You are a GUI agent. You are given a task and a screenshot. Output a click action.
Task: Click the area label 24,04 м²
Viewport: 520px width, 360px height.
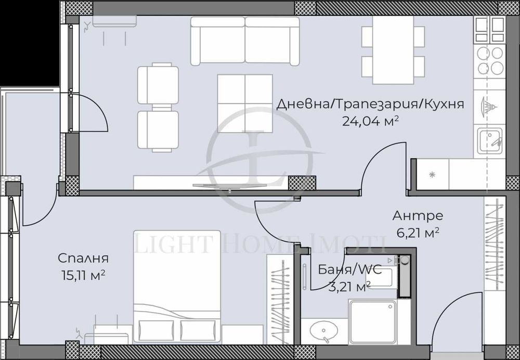370,121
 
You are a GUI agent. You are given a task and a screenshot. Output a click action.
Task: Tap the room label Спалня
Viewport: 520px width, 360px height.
83,258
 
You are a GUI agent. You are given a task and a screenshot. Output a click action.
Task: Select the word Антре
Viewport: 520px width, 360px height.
418,216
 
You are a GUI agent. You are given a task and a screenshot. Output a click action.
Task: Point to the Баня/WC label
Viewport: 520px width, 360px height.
350,269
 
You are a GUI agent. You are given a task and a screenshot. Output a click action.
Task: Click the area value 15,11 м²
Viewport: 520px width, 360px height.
83,275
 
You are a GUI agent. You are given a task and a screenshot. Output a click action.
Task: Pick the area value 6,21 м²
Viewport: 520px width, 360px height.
418,233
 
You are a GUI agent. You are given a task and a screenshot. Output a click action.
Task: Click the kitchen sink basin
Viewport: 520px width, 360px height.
490,140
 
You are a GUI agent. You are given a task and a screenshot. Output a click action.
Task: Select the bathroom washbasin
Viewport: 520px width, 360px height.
323,331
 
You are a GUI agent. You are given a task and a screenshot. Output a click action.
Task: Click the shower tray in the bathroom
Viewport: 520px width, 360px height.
373,322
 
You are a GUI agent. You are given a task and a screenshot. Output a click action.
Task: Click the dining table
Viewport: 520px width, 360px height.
393,50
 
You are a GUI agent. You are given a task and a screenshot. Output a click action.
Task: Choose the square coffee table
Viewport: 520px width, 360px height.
245,103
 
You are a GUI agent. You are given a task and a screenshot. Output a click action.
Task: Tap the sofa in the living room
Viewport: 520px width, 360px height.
245,41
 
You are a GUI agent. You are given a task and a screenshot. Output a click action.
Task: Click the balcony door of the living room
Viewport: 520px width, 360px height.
88,112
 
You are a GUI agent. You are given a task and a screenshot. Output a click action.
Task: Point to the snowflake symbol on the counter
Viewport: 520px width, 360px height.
432,174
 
